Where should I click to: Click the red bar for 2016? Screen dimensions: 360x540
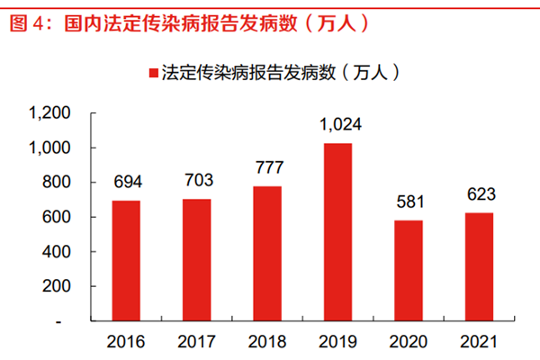pos(126,260)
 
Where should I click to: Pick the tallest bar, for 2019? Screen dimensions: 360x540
pos(337,231)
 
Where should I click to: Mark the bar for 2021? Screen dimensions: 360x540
pos(478,266)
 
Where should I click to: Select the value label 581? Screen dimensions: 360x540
pos(408,203)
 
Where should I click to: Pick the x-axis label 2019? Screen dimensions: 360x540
pos(337,342)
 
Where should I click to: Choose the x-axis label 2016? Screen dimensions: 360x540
pos(126,342)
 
